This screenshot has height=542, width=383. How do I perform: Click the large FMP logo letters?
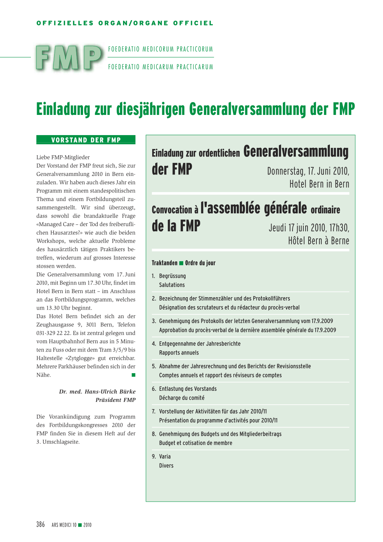pos(69,58)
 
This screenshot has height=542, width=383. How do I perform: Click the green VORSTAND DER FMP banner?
pos(86,140)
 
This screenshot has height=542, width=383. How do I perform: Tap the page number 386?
pos(40,524)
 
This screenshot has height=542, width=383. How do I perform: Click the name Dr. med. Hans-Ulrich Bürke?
pos(97,392)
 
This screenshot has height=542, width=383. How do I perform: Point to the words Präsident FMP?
pos(115,400)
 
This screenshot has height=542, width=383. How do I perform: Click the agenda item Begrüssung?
pos(172,276)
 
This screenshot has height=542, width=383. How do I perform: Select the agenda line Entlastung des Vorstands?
pos(188,389)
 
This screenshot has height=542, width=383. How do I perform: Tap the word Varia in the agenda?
pos(165,456)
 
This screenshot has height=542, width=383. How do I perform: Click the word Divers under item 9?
pos(166,466)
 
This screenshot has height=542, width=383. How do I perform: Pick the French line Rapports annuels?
pos(179,353)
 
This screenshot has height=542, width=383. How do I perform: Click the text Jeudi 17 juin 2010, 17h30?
pos(309,228)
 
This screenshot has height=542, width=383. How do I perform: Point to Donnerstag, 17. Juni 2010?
pos(308,171)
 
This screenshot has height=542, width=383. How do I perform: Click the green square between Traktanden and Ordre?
pos(181,263)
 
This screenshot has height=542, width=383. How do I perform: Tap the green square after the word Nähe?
pos(133,375)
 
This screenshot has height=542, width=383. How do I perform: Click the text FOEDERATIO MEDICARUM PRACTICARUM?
pos(160,67)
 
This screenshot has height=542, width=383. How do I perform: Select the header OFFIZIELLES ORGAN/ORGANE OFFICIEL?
pos(125,23)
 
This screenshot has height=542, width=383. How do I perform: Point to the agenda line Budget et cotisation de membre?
pos(196,443)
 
